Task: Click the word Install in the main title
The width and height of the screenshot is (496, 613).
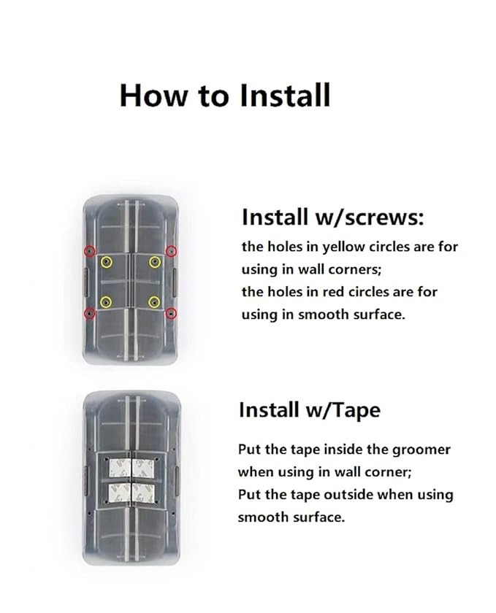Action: (285, 95)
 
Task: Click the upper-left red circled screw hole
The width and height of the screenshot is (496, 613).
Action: (90, 250)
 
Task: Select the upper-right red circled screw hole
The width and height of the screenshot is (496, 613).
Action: (171, 251)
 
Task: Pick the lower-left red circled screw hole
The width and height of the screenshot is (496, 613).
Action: (90, 313)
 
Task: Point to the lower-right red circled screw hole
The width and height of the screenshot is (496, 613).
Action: (171, 313)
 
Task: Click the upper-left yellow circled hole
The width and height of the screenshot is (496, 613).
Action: (106, 262)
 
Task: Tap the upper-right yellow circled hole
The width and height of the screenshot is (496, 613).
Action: (155, 262)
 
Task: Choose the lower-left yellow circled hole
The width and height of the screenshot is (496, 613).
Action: (106, 302)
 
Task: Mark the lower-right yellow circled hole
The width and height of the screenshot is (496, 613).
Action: (154, 302)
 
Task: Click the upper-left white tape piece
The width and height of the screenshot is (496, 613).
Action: (119, 468)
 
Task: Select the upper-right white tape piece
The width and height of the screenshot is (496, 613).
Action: (143, 468)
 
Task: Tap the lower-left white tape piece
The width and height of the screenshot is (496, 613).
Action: (119, 493)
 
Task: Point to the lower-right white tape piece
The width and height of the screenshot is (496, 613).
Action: (143, 493)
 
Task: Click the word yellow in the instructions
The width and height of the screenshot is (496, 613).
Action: (344, 247)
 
